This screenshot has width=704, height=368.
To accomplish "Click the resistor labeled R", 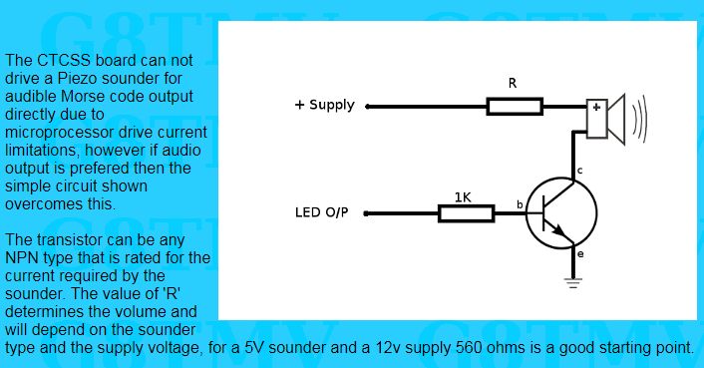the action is [x=515, y=107].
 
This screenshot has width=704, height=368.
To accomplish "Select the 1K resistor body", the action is [x=466, y=213].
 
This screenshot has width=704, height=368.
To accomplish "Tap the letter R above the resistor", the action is [x=513, y=83].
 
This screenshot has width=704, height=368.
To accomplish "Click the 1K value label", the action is [x=463, y=197].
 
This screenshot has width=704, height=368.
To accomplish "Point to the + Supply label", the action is [x=325, y=105].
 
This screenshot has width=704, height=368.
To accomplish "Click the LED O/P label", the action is [x=321, y=212].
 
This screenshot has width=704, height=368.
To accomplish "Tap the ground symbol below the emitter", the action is [x=573, y=283].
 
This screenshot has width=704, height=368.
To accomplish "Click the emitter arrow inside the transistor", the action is [x=557, y=229].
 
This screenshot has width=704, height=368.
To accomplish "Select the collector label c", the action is [x=579, y=171].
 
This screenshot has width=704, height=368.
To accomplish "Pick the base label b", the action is [x=520, y=204].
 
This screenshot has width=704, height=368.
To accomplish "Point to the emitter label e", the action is [x=580, y=254].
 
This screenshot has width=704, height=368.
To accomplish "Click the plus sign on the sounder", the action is [x=596, y=108].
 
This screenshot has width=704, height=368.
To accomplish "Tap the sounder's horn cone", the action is [x=616, y=119].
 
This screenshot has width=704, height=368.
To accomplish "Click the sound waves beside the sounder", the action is [x=639, y=119].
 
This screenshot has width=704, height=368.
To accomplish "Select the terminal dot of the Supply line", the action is [x=368, y=107].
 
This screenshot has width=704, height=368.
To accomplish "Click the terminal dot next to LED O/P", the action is [x=366, y=213].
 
